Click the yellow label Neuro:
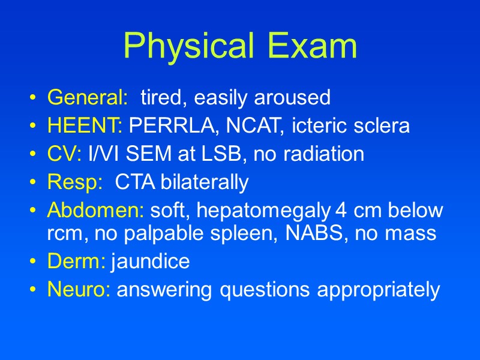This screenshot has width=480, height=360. [x=79, y=290]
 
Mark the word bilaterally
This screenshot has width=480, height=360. [x=204, y=182]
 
